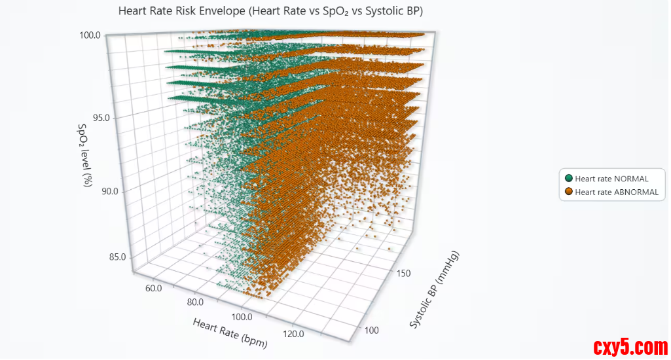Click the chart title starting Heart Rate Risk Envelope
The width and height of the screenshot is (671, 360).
click(x=270, y=11)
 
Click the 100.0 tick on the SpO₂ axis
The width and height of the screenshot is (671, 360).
click(x=90, y=35)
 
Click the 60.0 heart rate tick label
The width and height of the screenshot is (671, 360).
click(x=153, y=288)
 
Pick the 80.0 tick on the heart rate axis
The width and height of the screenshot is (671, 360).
click(x=195, y=302)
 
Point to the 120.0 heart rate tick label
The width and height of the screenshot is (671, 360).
click(x=292, y=334)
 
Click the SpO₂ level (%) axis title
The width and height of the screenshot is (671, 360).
click(x=84, y=155)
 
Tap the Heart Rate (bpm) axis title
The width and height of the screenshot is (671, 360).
click(x=230, y=333)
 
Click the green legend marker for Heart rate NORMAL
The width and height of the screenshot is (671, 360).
click(x=568, y=179)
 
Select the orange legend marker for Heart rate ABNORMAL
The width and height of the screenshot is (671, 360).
click(x=568, y=192)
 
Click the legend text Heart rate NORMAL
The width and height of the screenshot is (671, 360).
click(x=611, y=179)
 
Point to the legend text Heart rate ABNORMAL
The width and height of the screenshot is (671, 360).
click(x=617, y=192)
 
